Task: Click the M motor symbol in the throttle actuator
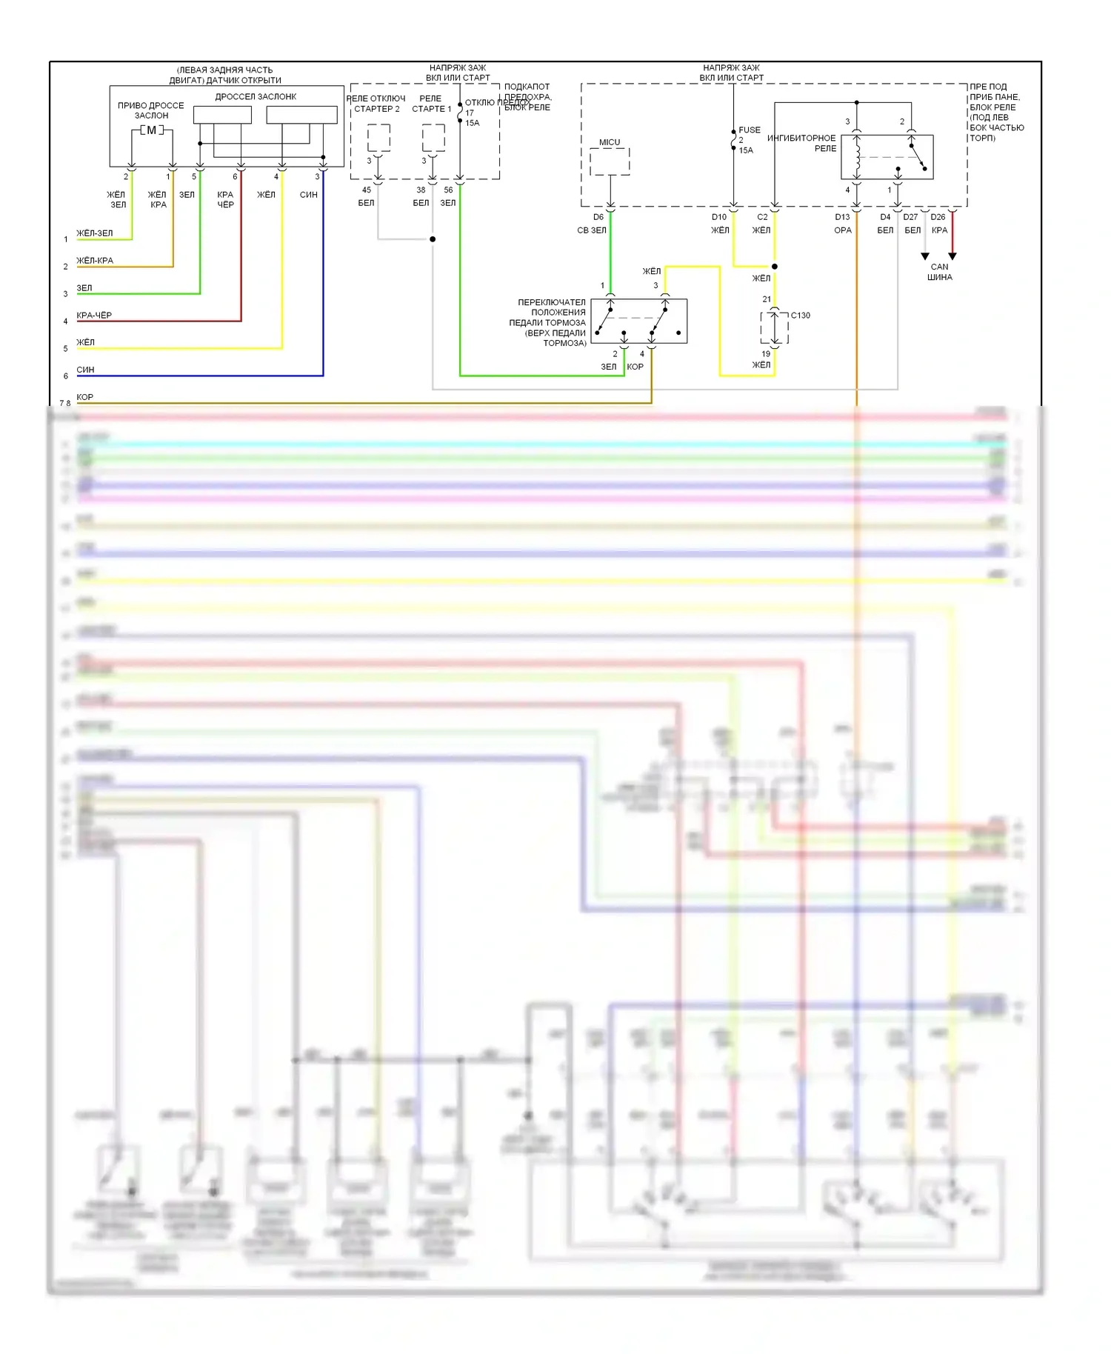coord(152,130)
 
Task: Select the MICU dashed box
coord(610,161)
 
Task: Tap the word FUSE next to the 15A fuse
coord(750,130)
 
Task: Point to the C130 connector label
coord(800,316)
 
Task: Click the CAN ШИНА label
coord(939,272)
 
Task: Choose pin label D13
coord(842,217)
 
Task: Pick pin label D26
coord(938,217)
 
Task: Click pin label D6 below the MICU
coord(598,217)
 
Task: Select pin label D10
coord(719,217)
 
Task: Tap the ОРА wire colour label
coord(843,230)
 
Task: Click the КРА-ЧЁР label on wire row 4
coord(94,316)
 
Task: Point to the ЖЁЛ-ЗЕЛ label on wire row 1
coord(95,233)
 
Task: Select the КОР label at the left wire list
coord(85,397)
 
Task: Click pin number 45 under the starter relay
coord(366,190)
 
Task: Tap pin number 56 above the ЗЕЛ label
coord(448,190)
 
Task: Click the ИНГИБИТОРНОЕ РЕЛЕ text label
coord(802,143)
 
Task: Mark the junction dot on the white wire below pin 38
coord(433,239)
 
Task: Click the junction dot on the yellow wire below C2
coord(775,267)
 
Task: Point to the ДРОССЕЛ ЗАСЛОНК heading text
coord(256,97)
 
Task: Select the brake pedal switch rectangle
coord(639,321)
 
